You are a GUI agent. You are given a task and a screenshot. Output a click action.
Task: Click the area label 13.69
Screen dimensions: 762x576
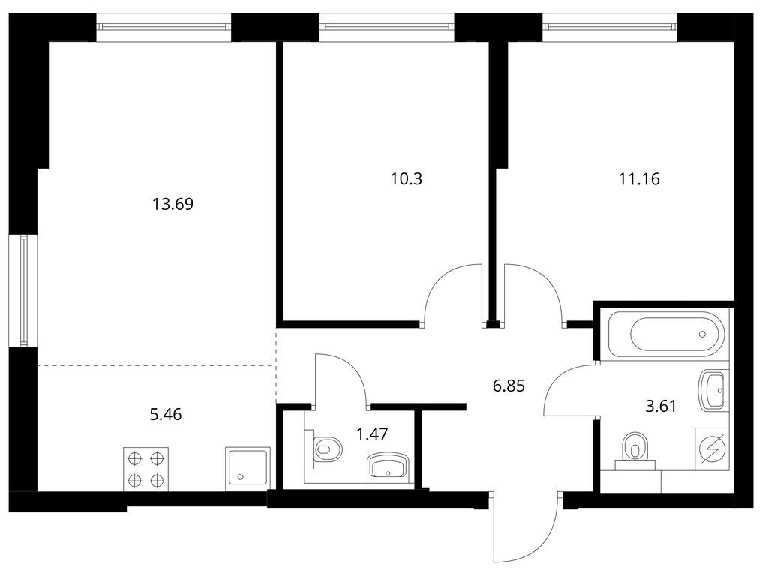(x=173, y=204)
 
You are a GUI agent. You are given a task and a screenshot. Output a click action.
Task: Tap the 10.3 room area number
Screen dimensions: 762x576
(x=406, y=179)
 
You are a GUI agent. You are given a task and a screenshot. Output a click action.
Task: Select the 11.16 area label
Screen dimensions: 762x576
(x=639, y=179)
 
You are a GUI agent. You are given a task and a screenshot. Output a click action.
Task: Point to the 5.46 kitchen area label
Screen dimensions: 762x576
(x=166, y=415)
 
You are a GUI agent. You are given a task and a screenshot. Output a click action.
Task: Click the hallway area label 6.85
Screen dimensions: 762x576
(x=508, y=386)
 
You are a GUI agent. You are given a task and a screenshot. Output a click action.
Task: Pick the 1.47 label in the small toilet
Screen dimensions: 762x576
(x=372, y=433)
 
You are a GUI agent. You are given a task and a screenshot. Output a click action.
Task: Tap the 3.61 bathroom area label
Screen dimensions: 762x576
(x=661, y=406)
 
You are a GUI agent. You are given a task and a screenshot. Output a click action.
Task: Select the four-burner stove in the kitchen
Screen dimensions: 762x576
(x=145, y=469)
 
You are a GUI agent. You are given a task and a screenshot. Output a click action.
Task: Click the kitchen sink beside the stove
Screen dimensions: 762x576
(x=247, y=469)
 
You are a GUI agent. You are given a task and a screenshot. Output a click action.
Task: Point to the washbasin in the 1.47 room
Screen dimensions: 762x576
(x=388, y=466)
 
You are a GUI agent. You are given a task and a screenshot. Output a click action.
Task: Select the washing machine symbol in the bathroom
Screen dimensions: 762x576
(x=712, y=448)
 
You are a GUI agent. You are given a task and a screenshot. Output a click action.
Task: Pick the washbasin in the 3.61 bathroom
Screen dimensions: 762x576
(x=713, y=388)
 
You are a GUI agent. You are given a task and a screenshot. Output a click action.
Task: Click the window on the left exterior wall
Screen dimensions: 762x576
(x=23, y=291)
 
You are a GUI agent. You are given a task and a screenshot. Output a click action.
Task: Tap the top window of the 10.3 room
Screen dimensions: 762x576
(x=387, y=28)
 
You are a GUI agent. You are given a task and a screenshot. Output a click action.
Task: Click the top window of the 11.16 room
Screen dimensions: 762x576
(x=610, y=28)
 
